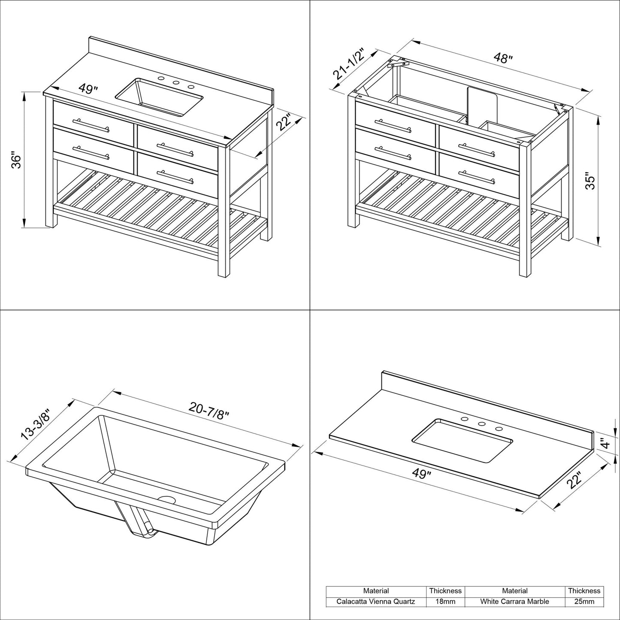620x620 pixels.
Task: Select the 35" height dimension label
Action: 591,181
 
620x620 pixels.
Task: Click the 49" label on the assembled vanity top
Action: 88,89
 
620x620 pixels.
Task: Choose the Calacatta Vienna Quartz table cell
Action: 375,602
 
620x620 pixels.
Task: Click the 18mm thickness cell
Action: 445,602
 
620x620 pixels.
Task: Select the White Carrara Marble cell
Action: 514,602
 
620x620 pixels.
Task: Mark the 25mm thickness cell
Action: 584,602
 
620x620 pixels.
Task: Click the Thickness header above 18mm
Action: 445,591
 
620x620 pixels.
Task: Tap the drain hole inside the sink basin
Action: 167,500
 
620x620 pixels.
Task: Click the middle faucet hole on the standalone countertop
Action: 481,424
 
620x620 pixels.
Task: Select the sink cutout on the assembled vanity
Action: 159,97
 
